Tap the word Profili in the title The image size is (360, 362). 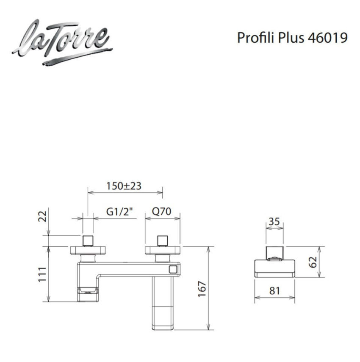point(256,37)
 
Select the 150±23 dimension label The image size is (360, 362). point(124,186)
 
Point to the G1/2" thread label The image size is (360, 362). point(120,211)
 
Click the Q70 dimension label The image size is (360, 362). point(161,211)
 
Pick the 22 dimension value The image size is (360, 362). point(42,216)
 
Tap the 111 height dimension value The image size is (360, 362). point(42,274)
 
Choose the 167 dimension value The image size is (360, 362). point(202,289)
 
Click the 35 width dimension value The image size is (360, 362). point(274,221)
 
